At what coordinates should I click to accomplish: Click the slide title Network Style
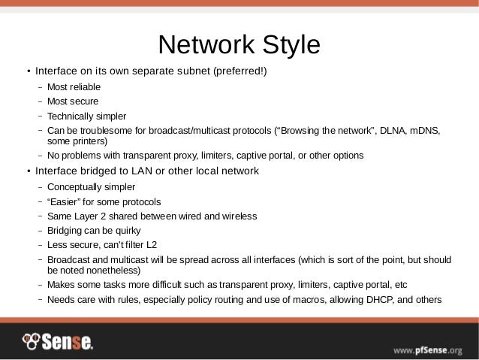pos(239,44)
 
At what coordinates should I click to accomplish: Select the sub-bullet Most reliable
pos(74,88)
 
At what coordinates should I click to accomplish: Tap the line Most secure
pos(72,101)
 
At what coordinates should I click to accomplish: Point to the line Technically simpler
pos(86,116)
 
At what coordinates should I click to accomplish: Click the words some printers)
pos(77,141)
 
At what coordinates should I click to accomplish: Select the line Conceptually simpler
pos(91,186)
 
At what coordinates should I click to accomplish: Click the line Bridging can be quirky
pos(94,230)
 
